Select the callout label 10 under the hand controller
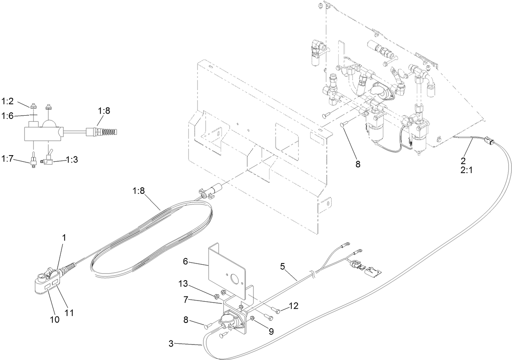(55, 320)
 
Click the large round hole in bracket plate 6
(235, 280)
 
